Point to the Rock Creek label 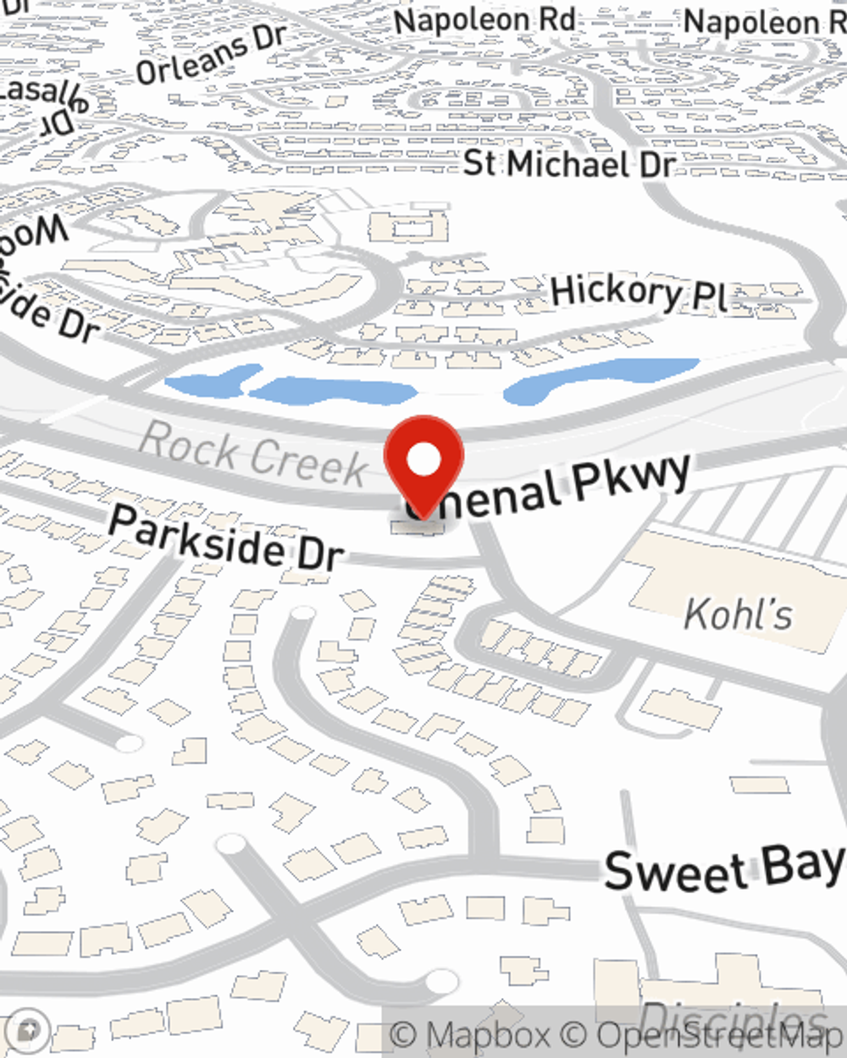[x=252, y=454]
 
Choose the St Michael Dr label [x=568, y=163]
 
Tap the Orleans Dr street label [x=211, y=55]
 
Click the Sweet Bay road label [x=724, y=868]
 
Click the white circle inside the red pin [x=423, y=460]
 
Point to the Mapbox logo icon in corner [x=28, y=1030]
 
